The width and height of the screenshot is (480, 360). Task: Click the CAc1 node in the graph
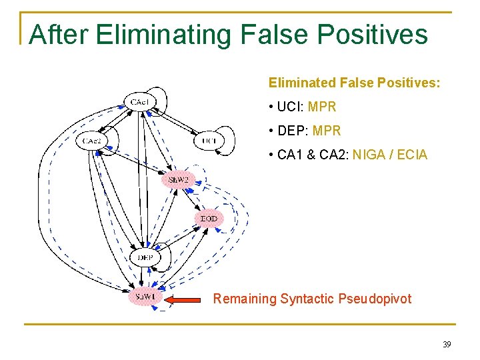point(139,102)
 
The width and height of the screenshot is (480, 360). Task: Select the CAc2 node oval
point(92,141)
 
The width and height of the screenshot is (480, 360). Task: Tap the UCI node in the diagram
point(209,141)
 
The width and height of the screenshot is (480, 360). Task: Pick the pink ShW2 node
point(178,180)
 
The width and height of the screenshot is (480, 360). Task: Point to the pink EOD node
point(209,219)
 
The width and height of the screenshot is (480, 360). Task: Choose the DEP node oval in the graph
point(145,257)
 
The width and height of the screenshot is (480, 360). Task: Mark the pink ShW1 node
point(145,297)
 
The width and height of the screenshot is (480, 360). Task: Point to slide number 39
point(446,345)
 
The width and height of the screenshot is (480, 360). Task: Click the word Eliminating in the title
point(170,35)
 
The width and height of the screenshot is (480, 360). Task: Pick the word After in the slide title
point(59,35)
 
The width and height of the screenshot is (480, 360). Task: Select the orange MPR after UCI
point(322,107)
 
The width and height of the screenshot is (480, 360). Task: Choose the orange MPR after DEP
point(326,131)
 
